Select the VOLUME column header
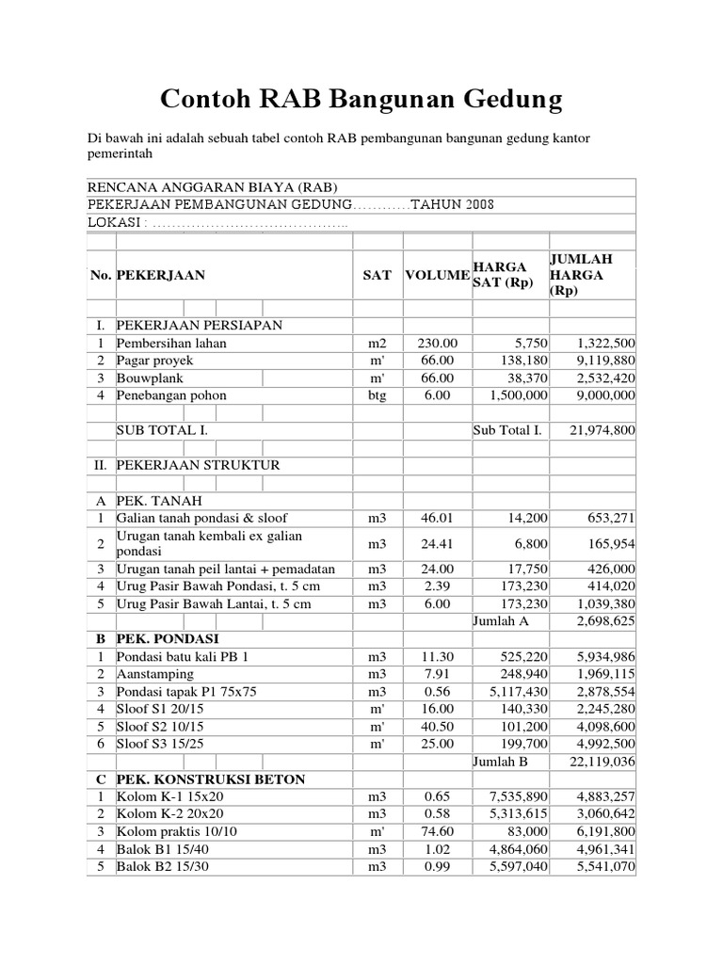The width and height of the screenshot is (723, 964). (437, 275)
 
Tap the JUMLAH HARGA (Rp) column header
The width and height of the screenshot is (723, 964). (580, 275)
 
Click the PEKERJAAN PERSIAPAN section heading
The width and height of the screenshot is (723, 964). (199, 325)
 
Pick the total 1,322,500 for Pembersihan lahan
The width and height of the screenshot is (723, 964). (603, 343)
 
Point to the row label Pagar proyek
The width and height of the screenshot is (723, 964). (155, 361)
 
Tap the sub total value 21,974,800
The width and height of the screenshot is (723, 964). (602, 430)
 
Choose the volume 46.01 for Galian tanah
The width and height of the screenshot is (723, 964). (438, 518)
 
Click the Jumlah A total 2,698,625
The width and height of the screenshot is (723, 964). (603, 621)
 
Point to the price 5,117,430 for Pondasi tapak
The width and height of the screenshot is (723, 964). (523, 692)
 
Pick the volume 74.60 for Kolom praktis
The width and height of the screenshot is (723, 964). (438, 831)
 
